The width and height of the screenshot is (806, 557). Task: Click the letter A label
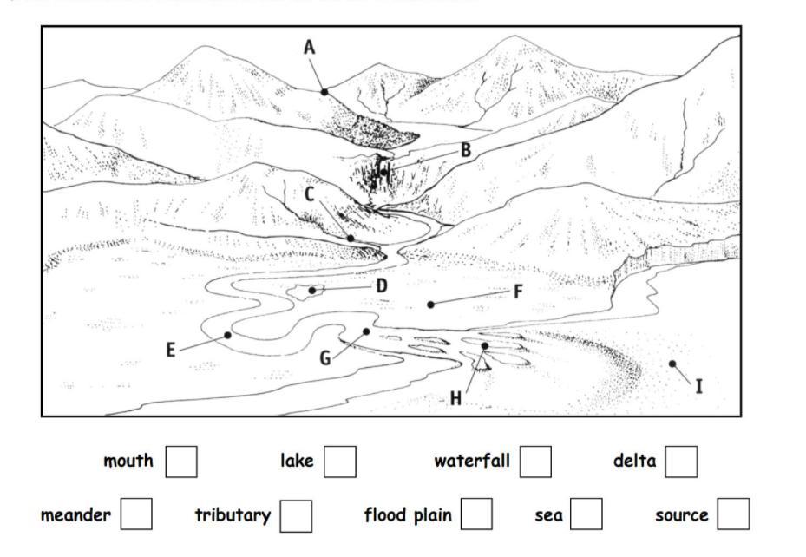(x=309, y=47)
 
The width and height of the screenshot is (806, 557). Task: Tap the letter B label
(x=466, y=150)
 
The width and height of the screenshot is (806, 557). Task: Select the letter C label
(x=310, y=194)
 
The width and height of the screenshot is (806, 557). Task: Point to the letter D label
(x=382, y=285)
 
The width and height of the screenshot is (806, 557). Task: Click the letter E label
(x=171, y=351)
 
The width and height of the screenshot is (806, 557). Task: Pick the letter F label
(x=518, y=292)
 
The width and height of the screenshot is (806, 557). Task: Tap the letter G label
(x=325, y=357)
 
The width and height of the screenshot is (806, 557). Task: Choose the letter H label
(x=456, y=399)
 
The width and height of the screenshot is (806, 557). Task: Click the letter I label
(x=699, y=386)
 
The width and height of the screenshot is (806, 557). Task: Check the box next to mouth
(x=181, y=461)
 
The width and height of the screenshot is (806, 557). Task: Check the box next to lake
(x=340, y=461)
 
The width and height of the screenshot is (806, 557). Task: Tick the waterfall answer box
(x=535, y=461)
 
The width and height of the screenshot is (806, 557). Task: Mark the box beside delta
(x=681, y=461)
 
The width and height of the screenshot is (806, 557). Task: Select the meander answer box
(x=136, y=514)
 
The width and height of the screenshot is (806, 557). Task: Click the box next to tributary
(x=296, y=514)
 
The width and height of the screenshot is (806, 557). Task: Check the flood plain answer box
(x=476, y=514)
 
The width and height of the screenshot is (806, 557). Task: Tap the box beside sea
(x=586, y=514)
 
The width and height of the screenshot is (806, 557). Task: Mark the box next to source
(x=733, y=514)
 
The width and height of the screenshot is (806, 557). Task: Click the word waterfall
(x=472, y=461)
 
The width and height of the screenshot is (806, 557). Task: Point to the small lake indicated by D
(x=310, y=291)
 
